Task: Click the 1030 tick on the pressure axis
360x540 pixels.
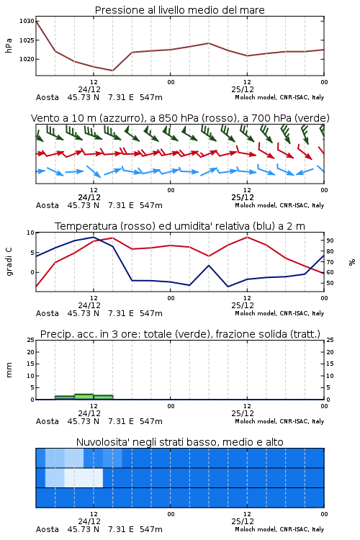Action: coord(27,21)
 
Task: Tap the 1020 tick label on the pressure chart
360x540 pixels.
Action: coord(27,59)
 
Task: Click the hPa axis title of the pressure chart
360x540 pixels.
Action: coord(9,45)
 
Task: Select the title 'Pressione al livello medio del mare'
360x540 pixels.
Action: coord(180,10)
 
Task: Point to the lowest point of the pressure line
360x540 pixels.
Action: coord(112,71)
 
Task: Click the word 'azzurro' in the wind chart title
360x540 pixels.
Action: coord(121,118)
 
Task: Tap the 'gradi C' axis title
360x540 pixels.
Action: coord(9,262)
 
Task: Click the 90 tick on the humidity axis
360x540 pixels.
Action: coord(330,240)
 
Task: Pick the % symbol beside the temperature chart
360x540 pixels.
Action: coord(352,262)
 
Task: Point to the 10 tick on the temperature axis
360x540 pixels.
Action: coord(31,233)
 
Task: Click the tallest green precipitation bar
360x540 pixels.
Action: coord(84,397)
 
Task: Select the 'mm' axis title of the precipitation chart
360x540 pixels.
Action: coord(9,370)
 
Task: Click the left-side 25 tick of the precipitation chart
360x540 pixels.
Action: coord(31,340)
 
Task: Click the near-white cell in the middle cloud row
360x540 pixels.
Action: coord(84,477)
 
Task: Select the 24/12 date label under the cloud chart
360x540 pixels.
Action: coord(89,521)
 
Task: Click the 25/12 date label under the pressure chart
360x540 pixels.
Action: coord(243,89)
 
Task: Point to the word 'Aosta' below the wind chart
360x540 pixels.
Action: coord(48,205)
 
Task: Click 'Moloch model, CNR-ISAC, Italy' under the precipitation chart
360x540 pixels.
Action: coord(279,421)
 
